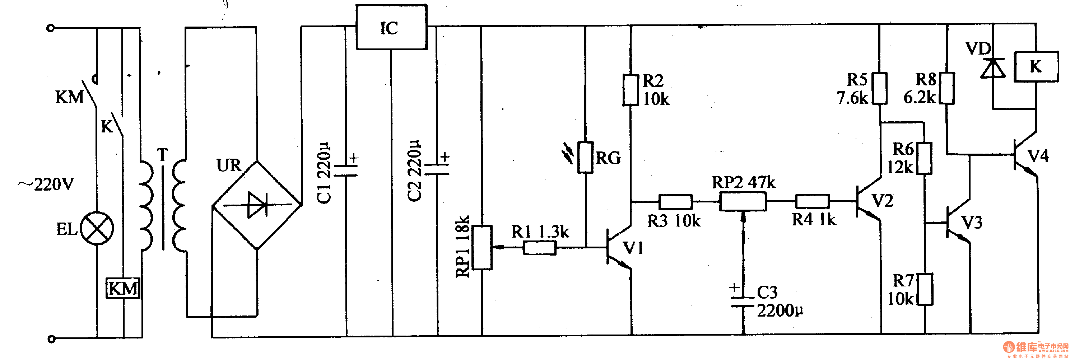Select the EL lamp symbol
97,228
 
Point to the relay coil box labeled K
1036,66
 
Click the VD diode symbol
993,69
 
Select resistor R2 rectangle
631,90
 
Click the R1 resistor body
539,248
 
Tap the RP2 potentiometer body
743,202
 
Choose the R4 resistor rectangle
812,202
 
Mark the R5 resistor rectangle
879,88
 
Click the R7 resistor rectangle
925,289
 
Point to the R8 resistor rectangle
947,88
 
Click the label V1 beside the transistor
633,248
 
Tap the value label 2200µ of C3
780,310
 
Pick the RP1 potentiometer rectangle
482,247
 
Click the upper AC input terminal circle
51,28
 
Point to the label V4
1038,156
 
